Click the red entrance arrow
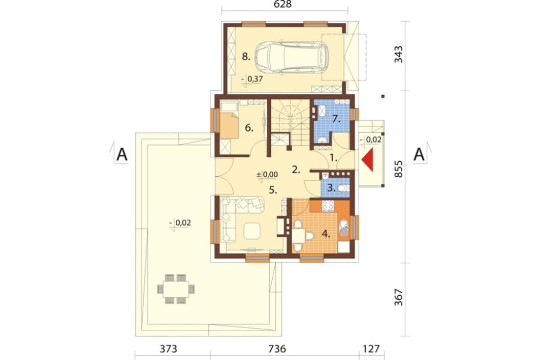click(368, 159)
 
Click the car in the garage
click(292, 58)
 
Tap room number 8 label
click(246, 57)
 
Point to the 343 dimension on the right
click(399, 55)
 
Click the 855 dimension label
click(399, 169)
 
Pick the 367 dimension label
click(399, 297)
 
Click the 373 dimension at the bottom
click(168, 349)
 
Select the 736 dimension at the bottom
click(277, 349)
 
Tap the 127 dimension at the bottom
click(371, 349)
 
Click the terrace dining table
click(176, 289)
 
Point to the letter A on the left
click(122, 155)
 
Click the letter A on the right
click(419, 155)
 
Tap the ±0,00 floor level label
click(267, 175)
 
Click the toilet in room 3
click(343, 188)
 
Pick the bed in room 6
click(229, 120)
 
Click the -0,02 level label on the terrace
click(180, 223)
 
